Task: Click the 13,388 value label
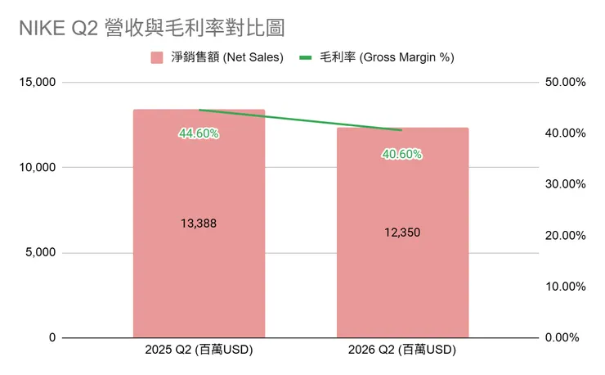tap(199, 224)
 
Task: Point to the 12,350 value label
tap(402, 233)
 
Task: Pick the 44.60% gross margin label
tap(199, 133)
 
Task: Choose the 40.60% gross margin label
tap(402, 153)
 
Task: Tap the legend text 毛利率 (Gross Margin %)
tap(386, 58)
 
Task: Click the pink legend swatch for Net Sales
tap(158, 58)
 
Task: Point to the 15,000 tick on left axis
tap(37, 83)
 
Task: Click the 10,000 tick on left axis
tap(37, 168)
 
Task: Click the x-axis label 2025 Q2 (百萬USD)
tap(199, 350)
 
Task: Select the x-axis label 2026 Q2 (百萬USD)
tap(402, 350)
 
